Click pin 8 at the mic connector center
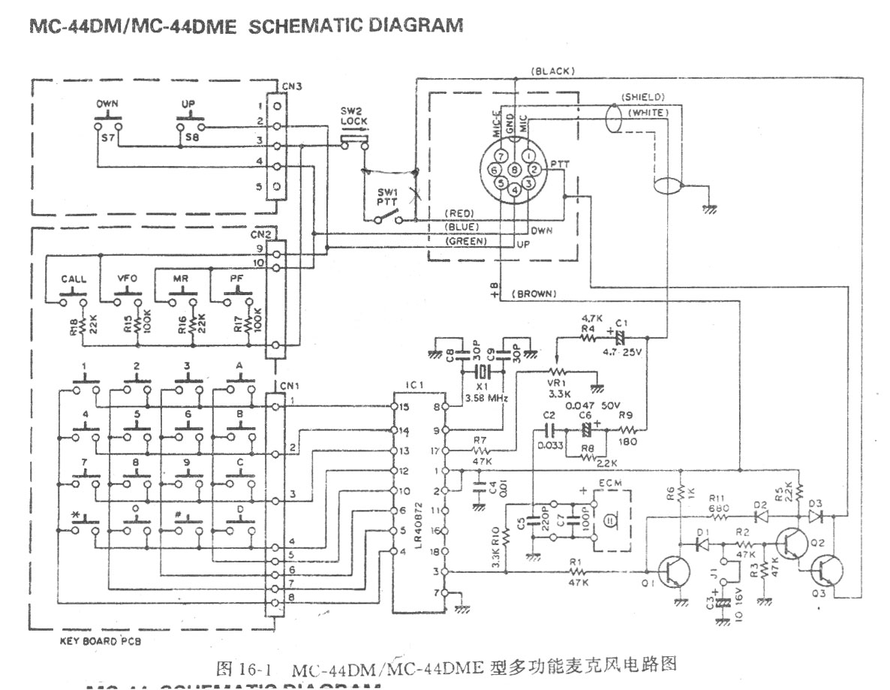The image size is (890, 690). (x=513, y=170)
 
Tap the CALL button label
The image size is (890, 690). (x=72, y=279)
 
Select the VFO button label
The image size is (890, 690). (x=127, y=279)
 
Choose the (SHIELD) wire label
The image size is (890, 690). (x=642, y=98)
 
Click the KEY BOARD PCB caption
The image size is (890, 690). (x=99, y=643)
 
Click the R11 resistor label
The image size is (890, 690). (x=720, y=498)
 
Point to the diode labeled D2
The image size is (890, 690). (x=762, y=517)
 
